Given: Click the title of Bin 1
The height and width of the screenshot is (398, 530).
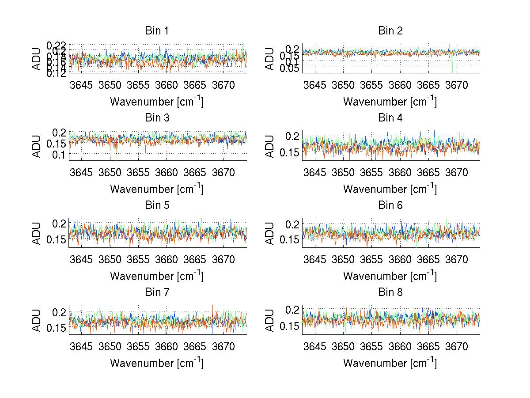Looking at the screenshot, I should [x=157, y=31].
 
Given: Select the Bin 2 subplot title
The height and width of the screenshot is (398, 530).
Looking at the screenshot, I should [x=390, y=31].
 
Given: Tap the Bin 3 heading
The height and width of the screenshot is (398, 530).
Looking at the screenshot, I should [x=157, y=118].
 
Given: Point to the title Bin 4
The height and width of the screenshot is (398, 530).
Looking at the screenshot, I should [x=390, y=118].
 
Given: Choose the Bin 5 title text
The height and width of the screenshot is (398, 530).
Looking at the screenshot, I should [x=157, y=205].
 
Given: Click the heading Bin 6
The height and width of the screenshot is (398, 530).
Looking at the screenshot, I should [x=390, y=205].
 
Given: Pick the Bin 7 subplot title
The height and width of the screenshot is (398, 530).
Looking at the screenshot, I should [x=157, y=292].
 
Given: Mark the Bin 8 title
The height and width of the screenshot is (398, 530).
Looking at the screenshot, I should [x=390, y=292].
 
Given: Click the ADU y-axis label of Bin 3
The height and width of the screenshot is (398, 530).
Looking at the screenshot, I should [x=37, y=146].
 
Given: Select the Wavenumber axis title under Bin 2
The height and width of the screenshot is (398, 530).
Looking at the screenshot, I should [x=390, y=102].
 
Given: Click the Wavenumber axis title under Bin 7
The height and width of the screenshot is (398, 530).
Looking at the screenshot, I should [x=157, y=363].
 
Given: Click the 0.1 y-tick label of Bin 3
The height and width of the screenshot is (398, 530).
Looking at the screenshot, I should [x=60, y=154].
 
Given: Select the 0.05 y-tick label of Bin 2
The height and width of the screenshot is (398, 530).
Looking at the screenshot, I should [x=289, y=67].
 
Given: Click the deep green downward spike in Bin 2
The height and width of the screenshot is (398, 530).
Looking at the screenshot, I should [x=453, y=66].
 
